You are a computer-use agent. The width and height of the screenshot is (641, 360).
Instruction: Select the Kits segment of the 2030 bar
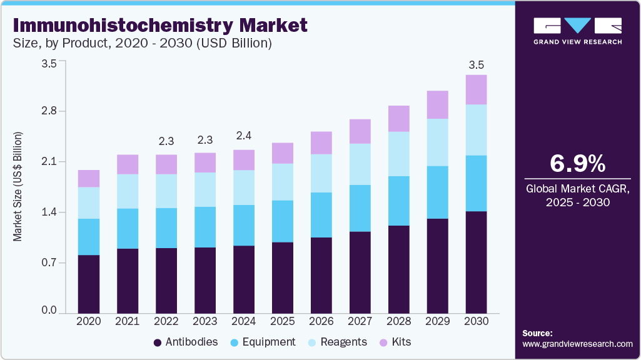[477, 89]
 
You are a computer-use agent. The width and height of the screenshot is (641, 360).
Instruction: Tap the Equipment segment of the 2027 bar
[360, 208]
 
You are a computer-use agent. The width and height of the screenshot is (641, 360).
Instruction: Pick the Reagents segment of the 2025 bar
[283, 182]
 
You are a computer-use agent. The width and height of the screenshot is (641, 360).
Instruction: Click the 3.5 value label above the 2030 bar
[477, 65]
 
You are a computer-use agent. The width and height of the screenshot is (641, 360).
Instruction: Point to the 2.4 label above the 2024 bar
[244, 136]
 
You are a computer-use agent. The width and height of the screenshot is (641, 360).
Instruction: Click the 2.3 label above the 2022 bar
[166, 141]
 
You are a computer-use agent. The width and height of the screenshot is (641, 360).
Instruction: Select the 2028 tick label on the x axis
[399, 321]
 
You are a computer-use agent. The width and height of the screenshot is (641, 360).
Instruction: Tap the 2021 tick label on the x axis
[128, 321]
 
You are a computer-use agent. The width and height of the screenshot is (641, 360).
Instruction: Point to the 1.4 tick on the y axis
[48, 212]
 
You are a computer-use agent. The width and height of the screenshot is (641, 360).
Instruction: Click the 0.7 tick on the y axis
[48, 263]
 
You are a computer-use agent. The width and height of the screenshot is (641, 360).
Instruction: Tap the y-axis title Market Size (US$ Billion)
[18, 187]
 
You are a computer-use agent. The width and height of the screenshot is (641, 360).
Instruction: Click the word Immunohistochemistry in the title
[115, 26]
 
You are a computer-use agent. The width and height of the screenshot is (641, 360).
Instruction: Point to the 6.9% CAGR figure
[577, 164]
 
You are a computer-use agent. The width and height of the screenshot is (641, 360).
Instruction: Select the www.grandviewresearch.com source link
[577, 344]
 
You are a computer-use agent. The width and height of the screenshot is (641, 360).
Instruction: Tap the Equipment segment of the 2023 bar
[205, 227]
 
